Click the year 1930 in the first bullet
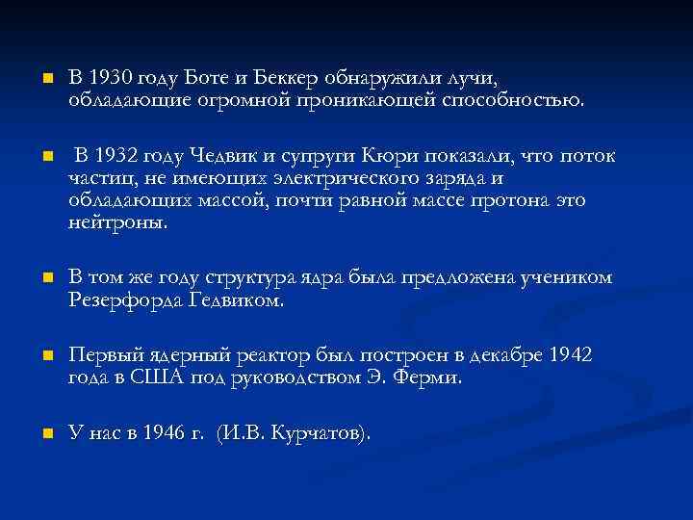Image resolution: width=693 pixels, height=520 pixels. click(109, 77)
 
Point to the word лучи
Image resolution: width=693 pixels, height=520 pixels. click(478, 77)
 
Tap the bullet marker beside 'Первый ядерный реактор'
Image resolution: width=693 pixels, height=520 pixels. click(34, 357)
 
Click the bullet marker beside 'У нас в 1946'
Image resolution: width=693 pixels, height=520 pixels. click(34, 434)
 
